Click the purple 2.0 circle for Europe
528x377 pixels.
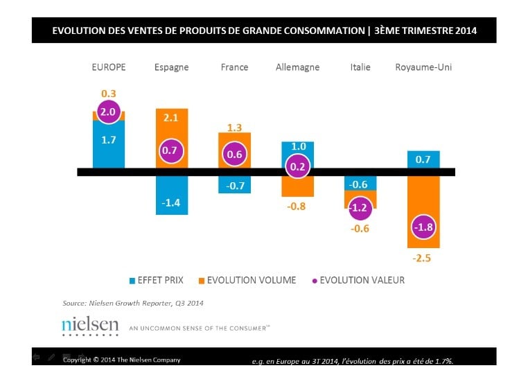point(109,112)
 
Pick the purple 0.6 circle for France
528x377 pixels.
point(235,155)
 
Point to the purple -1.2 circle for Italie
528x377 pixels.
point(360,207)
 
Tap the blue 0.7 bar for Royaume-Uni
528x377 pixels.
point(423,159)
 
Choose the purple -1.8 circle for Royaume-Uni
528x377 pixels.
point(423,228)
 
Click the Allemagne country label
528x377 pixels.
point(297,67)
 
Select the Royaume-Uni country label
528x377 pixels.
point(423,67)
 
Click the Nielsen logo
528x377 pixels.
point(90,325)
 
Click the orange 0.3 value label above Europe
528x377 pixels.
point(109,93)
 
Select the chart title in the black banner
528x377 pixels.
point(264,31)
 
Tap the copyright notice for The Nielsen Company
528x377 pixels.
point(122,360)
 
